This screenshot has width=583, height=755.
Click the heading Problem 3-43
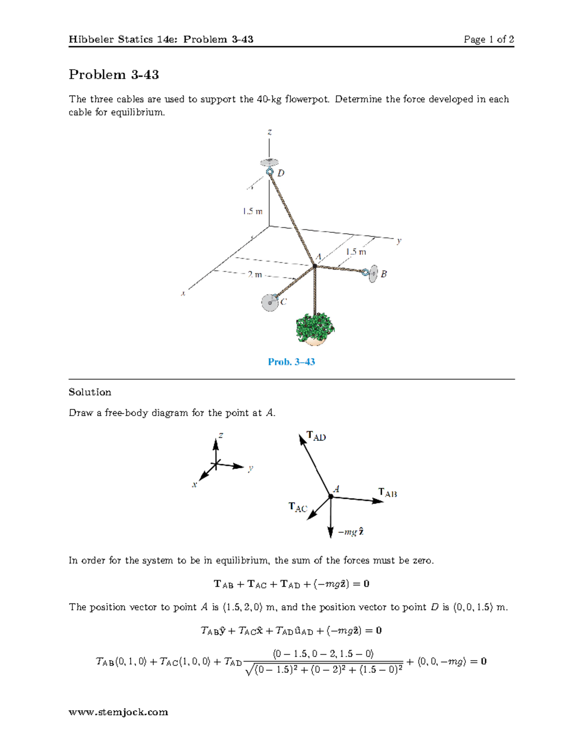point(114,74)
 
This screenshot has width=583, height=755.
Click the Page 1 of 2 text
point(488,39)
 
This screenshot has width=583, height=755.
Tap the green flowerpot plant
point(315,329)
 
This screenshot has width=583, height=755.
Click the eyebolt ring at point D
point(270,172)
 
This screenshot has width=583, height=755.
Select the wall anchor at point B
point(372,274)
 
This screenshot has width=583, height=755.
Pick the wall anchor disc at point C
point(269,302)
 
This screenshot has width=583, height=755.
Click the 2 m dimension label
point(254,275)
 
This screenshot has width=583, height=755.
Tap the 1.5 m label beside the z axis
point(253,211)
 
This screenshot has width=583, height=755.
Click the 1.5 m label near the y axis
point(356,252)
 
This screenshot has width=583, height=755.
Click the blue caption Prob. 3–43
point(291,362)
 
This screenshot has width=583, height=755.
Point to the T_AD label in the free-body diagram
point(316,436)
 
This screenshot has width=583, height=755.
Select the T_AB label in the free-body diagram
point(388,493)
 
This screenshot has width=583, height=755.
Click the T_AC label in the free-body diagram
point(298,508)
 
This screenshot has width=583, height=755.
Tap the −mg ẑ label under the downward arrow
point(351,532)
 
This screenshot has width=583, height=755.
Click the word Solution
point(90,392)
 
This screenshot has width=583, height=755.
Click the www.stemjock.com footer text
point(118,712)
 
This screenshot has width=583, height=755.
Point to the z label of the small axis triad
point(221,435)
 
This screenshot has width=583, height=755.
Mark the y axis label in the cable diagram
point(399,240)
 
